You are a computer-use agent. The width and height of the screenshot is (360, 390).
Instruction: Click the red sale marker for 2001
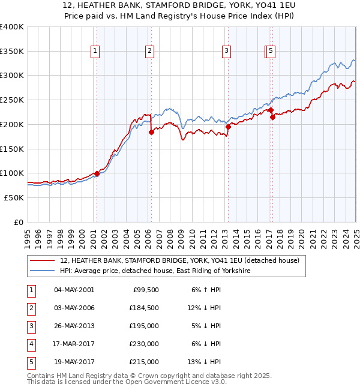97,174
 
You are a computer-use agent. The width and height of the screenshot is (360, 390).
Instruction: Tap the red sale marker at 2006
151,133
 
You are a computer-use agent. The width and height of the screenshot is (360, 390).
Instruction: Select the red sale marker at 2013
229,127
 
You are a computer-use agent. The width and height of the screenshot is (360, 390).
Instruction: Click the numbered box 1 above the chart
95,52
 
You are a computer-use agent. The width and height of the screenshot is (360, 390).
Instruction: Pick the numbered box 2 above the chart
149,52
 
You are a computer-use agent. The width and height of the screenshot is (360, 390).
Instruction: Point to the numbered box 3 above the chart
227,52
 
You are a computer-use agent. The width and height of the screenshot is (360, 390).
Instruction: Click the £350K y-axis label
12,52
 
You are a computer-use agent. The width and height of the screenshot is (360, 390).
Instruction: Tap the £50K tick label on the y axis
14,197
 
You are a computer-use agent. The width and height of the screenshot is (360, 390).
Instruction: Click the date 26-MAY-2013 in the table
74,326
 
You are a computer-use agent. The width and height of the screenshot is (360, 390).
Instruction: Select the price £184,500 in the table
144,308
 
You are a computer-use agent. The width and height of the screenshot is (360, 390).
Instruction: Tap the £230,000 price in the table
144,344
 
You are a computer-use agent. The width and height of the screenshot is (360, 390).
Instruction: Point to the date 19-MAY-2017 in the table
74,362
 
